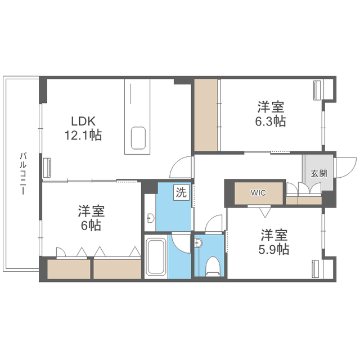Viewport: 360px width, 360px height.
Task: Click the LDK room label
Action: click(83, 121)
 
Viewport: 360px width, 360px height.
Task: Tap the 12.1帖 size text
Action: click(83, 135)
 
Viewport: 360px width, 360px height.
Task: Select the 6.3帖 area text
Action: click(271, 121)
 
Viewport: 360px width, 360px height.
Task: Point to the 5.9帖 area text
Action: click(274, 249)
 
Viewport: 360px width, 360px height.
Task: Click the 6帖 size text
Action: click(91, 226)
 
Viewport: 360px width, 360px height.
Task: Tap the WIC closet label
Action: click(258, 193)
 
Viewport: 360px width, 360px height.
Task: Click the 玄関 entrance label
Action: click(319, 174)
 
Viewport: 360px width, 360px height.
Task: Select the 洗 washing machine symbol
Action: click(181, 192)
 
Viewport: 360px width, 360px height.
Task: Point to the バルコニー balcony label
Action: click(22, 173)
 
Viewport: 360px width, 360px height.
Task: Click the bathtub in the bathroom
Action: click(156, 256)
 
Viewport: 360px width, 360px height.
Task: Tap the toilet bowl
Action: click(213, 266)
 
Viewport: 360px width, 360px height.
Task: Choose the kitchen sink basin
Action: click(138, 138)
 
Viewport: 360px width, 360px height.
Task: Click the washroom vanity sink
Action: click(150, 218)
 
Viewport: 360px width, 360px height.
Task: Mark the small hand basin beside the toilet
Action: click(198, 243)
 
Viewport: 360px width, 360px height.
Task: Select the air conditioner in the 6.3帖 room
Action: click(317, 90)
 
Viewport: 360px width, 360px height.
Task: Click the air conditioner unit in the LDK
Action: click(47, 168)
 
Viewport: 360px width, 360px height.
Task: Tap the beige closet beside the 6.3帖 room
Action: click(206, 115)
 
